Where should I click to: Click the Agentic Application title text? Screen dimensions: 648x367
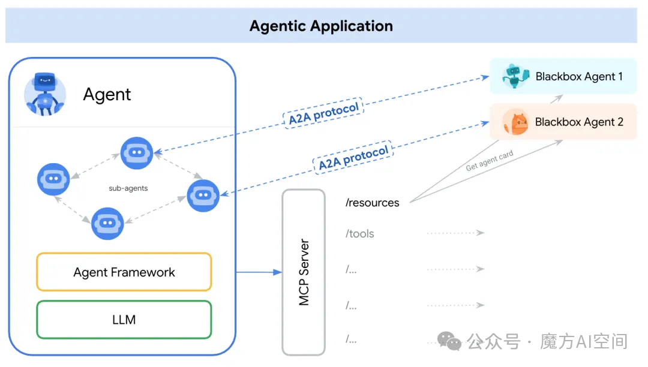[x=321, y=26]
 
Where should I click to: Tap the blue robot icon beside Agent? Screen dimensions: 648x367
[x=45, y=94]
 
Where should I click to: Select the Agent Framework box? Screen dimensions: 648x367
[x=124, y=272]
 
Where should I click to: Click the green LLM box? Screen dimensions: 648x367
[x=124, y=320]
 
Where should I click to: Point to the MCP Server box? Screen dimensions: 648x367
[x=304, y=272]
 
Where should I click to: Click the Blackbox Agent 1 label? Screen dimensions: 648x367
[x=579, y=76]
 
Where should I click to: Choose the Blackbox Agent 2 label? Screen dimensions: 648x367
[x=579, y=122]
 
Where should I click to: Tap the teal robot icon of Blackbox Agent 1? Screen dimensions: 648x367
[x=515, y=76]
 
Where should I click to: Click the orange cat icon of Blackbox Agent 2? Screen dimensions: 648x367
[x=516, y=122]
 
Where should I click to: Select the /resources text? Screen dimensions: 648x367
[x=373, y=203]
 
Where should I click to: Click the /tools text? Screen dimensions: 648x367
[x=359, y=234]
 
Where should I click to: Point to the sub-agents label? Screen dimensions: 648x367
[x=128, y=188]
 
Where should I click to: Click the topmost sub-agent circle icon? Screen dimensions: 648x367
[x=137, y=153]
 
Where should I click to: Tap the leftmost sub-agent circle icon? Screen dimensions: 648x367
[x=53, y=179]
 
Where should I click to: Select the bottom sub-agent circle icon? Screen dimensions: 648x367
[x=107, y=223]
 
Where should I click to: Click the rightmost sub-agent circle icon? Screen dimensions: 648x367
[x=203, y=195]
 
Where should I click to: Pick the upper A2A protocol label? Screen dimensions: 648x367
[x=323, y=113]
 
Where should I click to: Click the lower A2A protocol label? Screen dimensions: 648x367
[x=353, y=157]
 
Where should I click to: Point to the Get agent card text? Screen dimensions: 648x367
[x=490, y=160]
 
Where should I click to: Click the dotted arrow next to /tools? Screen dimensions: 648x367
[x=455, y=233]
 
